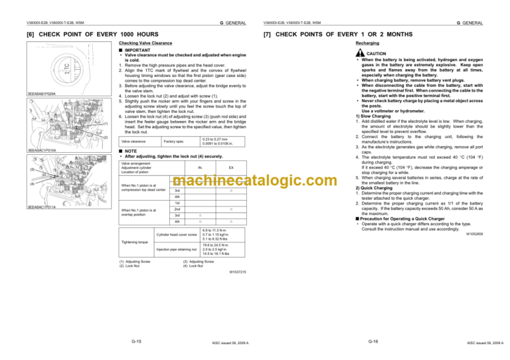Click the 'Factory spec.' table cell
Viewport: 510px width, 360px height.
click(174, 141)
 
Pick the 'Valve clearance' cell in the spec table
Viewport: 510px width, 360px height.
click(135, 141)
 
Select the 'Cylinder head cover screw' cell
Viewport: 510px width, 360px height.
click(177, 234)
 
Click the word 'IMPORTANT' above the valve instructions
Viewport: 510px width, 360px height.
click(135, 48)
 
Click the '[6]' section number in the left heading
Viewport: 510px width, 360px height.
click(31, 33)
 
